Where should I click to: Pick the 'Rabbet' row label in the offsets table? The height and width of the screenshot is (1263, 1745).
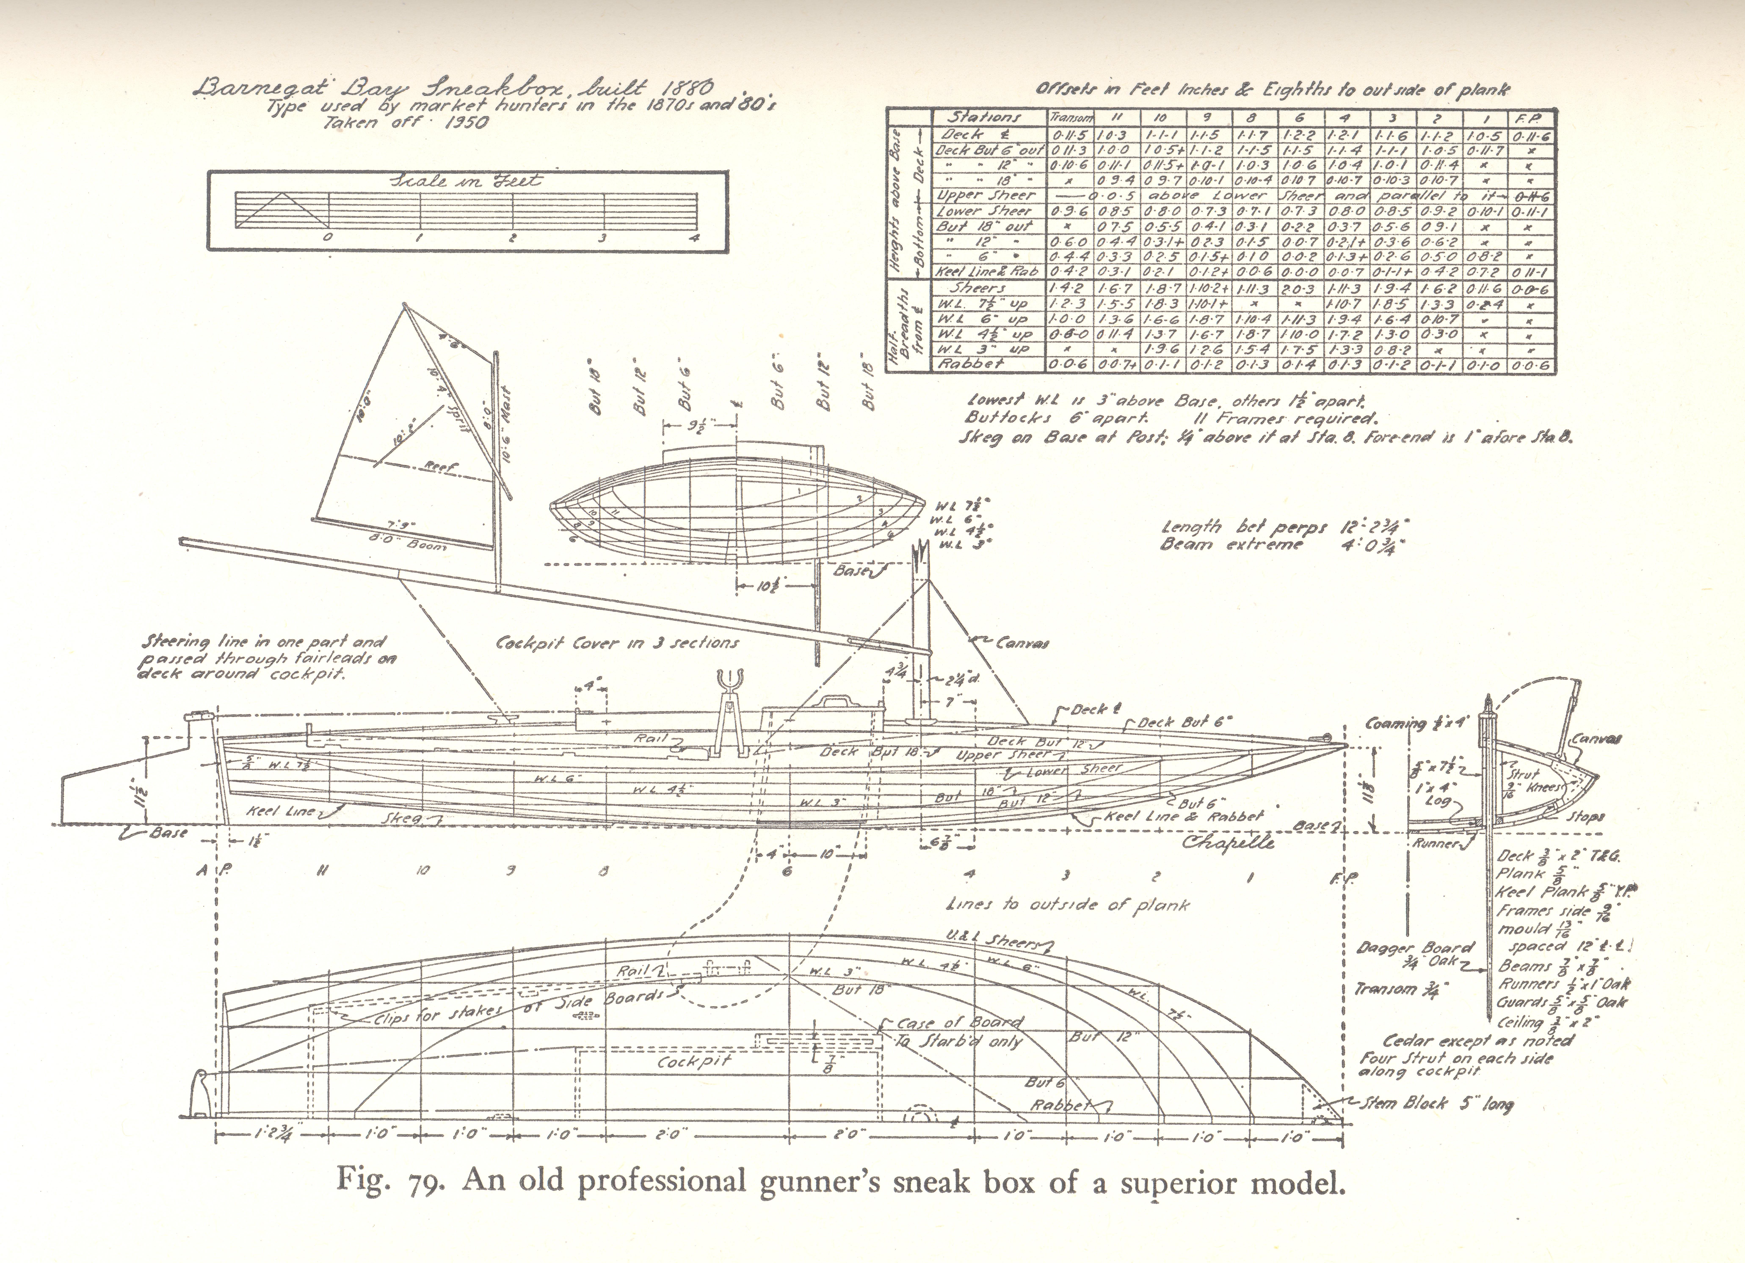tap(971, 364)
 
